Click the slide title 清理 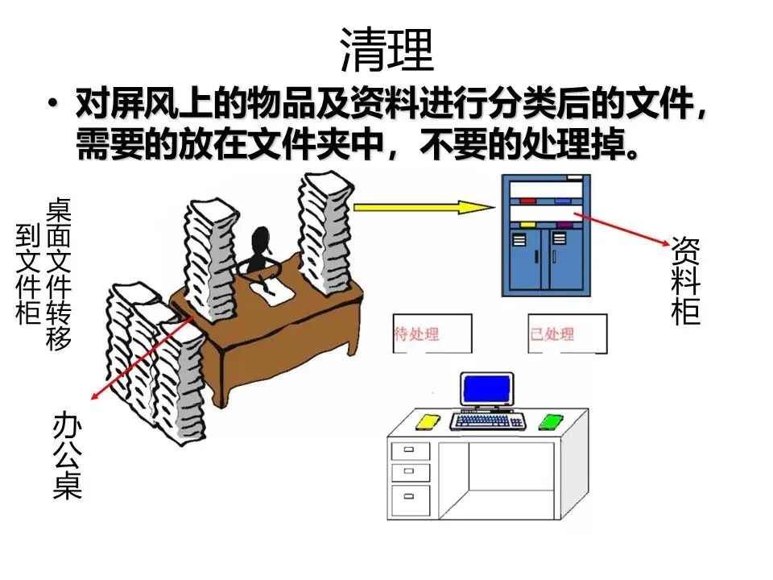386,50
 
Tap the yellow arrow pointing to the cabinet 424,207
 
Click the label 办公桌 68,455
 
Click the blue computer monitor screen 487,391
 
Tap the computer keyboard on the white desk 488,420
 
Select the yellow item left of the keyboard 427,420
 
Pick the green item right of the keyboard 550,421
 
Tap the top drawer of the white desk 410,449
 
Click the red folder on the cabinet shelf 527,201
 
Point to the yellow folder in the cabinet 527,225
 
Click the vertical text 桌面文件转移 59,274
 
